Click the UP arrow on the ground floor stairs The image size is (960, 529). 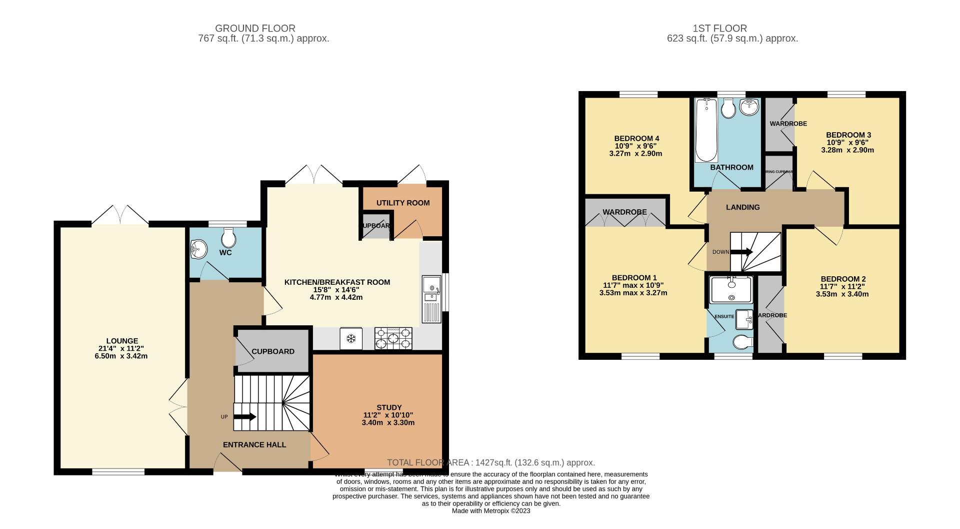(x=245, y=416)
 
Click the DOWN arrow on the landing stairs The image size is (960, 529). (x=742, y=252)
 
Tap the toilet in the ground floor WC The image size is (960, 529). (x=228, y=238)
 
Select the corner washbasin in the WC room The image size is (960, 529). (x=198, y=249)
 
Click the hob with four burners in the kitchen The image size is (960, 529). (x=393, y=338)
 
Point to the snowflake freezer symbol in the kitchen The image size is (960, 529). (x=351, y=339)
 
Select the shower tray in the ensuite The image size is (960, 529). (x=731, y=289)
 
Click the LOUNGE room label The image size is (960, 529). (x=122, y=341)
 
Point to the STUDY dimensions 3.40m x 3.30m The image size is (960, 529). (x=388, y=422)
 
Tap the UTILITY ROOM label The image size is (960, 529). (x=403, y=203)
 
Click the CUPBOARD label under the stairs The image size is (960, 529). (x=273, y=351)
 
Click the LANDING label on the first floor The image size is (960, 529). (x=742, y=207)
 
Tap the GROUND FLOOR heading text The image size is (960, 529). (x=255, y=29)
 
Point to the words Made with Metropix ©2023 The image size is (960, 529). (x=490, y=511)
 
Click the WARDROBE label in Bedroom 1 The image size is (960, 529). (x=624, y=212)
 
